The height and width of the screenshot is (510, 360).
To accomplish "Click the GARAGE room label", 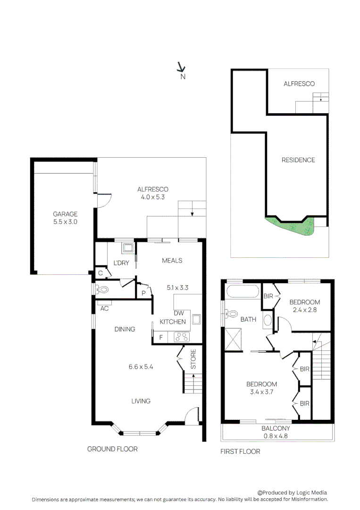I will tap(65, 214).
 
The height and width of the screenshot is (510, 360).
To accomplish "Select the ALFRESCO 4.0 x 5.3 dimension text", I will tap(153, 197).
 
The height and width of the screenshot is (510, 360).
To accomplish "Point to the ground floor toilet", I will tap(102, 289).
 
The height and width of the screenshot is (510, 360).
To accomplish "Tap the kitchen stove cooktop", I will tap(182, 337).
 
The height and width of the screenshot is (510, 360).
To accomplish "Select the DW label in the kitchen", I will tap(179, 313).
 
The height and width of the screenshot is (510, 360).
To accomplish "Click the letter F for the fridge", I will tap(161, 337).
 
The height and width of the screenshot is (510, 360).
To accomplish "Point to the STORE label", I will tap(193, 359).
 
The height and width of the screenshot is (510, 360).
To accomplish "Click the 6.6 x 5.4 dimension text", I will tap(141, 366).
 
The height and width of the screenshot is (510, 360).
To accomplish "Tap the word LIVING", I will tap(141, 401).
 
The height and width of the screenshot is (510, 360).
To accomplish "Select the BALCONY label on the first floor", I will tap(276, 428).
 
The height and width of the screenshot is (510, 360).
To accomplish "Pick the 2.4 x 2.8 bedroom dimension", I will tap(304, 310).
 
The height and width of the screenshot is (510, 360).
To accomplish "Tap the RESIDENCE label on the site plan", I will tap(298, 160).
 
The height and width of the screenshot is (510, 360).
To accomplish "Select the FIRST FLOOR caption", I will tap(240, 451).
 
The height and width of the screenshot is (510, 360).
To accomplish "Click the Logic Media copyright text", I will tap(292, 492).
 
